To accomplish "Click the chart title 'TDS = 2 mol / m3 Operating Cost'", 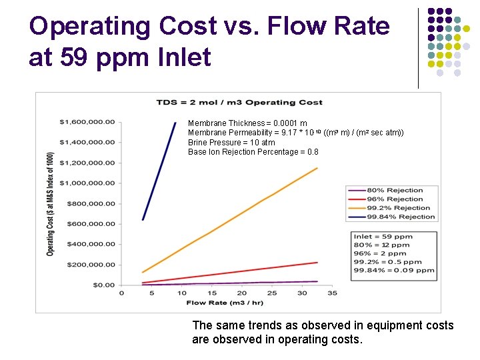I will tap(239, 102).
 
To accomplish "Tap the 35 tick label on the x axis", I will tap(332, 293).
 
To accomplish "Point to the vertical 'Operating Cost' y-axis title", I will tap(50, 203).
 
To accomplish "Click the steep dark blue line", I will tap(160, 169).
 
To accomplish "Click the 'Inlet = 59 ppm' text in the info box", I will tap(383, 237).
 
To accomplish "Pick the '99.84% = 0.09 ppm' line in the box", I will tap(394, 271).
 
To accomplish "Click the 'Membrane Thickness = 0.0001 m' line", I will tap(247, 123).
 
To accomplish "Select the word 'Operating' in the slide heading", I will tap(90, 27).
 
